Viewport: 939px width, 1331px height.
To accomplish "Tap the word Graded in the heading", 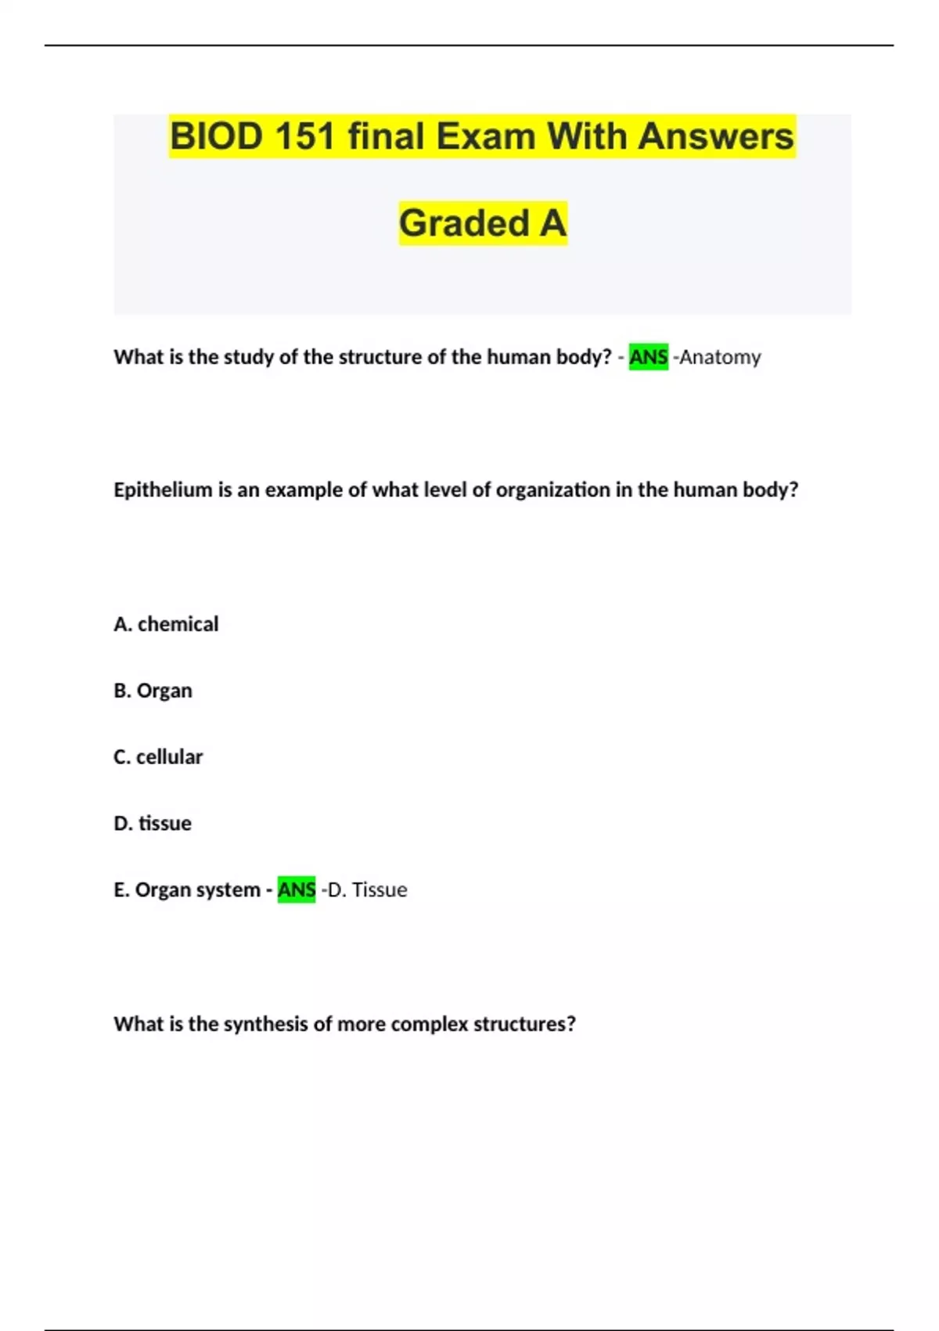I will click(464, 223).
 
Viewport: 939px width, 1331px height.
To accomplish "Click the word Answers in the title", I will click(715, 136).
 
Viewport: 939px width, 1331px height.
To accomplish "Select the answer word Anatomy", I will click(720, 357).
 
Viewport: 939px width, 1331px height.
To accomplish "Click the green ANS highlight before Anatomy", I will click(648, 357).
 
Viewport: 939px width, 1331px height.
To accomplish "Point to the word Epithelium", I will click(163, 490).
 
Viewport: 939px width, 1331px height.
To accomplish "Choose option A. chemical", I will click(166, 624).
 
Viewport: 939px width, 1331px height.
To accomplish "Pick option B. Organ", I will click(153, 691).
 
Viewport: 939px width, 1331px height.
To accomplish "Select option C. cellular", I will click(158, 757).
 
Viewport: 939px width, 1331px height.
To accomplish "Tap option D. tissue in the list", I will click(153, 824).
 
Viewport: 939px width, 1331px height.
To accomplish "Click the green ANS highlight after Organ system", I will click(297, 890).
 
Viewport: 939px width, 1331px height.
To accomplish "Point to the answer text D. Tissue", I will click(367, 890).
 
